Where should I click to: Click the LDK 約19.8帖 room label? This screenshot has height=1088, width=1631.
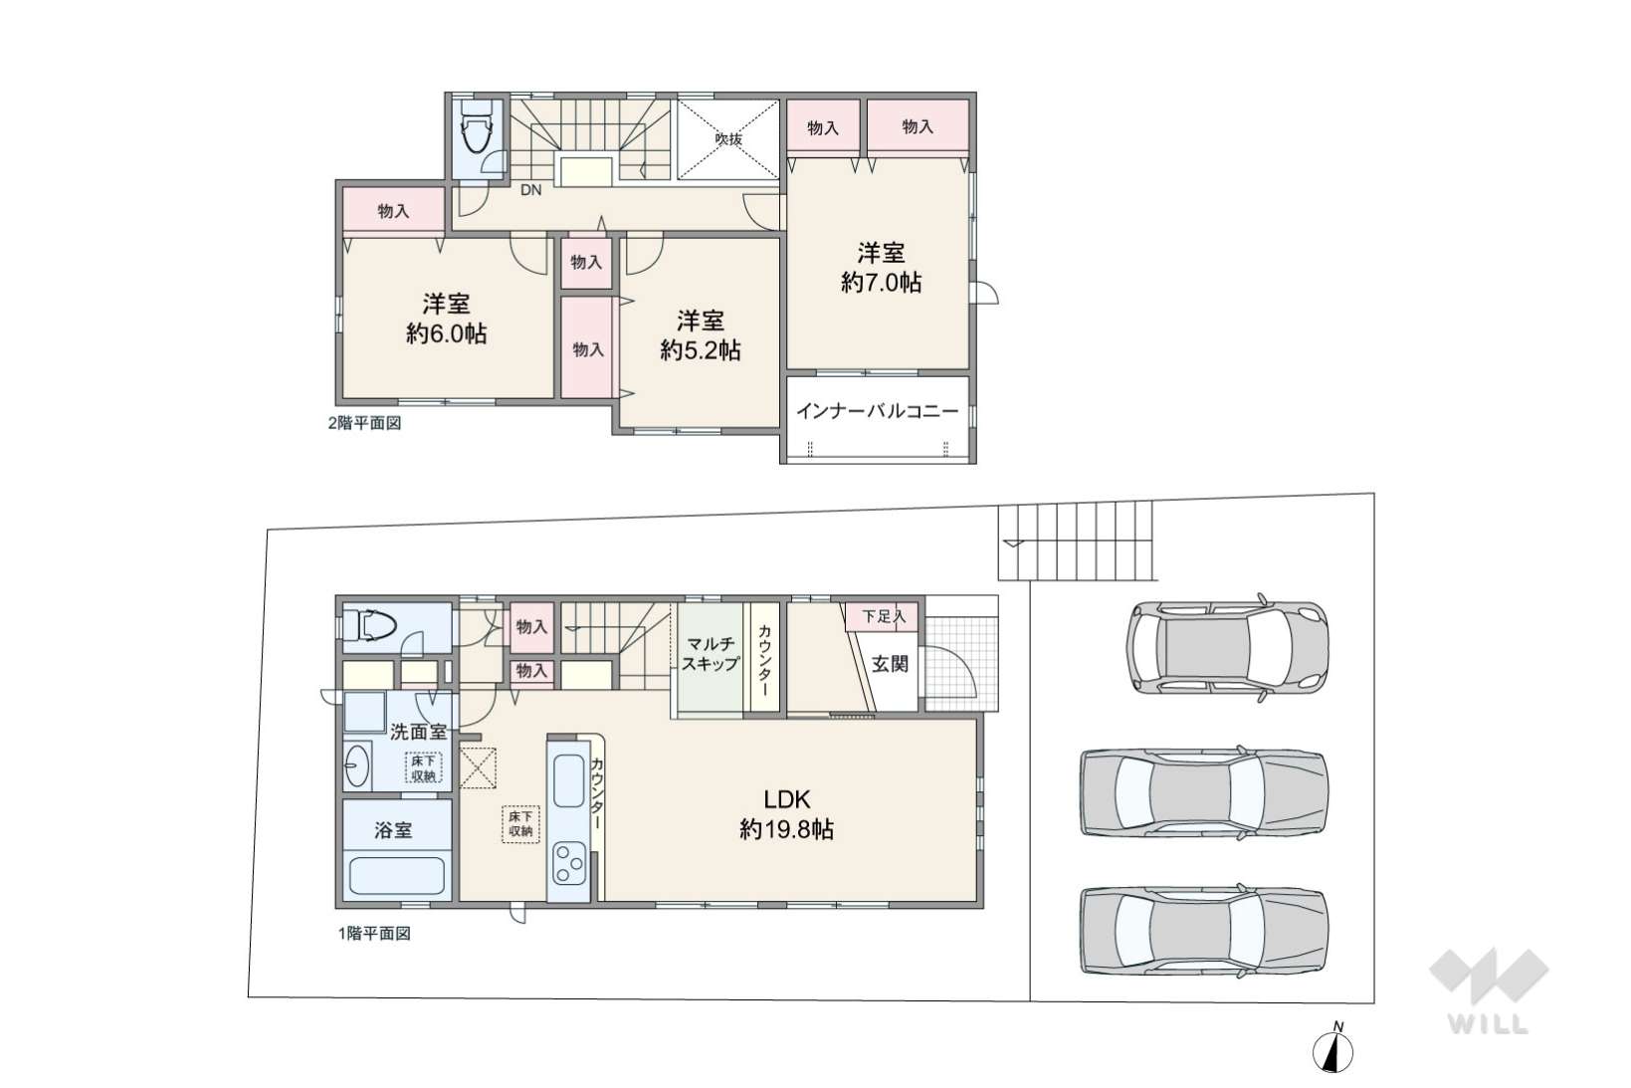point(786,814)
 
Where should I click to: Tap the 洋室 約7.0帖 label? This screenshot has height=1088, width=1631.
point(881,267)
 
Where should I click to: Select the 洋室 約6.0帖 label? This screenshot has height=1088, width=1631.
point(446,319)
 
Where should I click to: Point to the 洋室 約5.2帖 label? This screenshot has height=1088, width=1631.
point(700,335)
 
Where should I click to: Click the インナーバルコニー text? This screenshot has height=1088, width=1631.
point(878,411)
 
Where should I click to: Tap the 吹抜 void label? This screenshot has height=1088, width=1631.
point(728,138)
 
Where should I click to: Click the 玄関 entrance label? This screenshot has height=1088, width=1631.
point(890,664)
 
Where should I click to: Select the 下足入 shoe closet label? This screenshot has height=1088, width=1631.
point(884,617)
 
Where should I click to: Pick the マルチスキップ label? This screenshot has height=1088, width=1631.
point(710,653)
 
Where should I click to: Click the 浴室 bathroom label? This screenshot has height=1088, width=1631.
point(393,829)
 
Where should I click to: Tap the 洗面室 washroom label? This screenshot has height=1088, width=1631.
point(418,732)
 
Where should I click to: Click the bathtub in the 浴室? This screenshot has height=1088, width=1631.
point(397,876)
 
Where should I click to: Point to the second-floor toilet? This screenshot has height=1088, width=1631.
point(478,126)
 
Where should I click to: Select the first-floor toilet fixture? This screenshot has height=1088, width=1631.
point(370,625)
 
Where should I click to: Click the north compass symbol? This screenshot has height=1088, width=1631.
point(1333,1051)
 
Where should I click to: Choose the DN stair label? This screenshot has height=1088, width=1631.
point(530,190)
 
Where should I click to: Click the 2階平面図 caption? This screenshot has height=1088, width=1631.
point(364,423)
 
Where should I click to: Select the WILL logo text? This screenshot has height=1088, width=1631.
point(1489,1024)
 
